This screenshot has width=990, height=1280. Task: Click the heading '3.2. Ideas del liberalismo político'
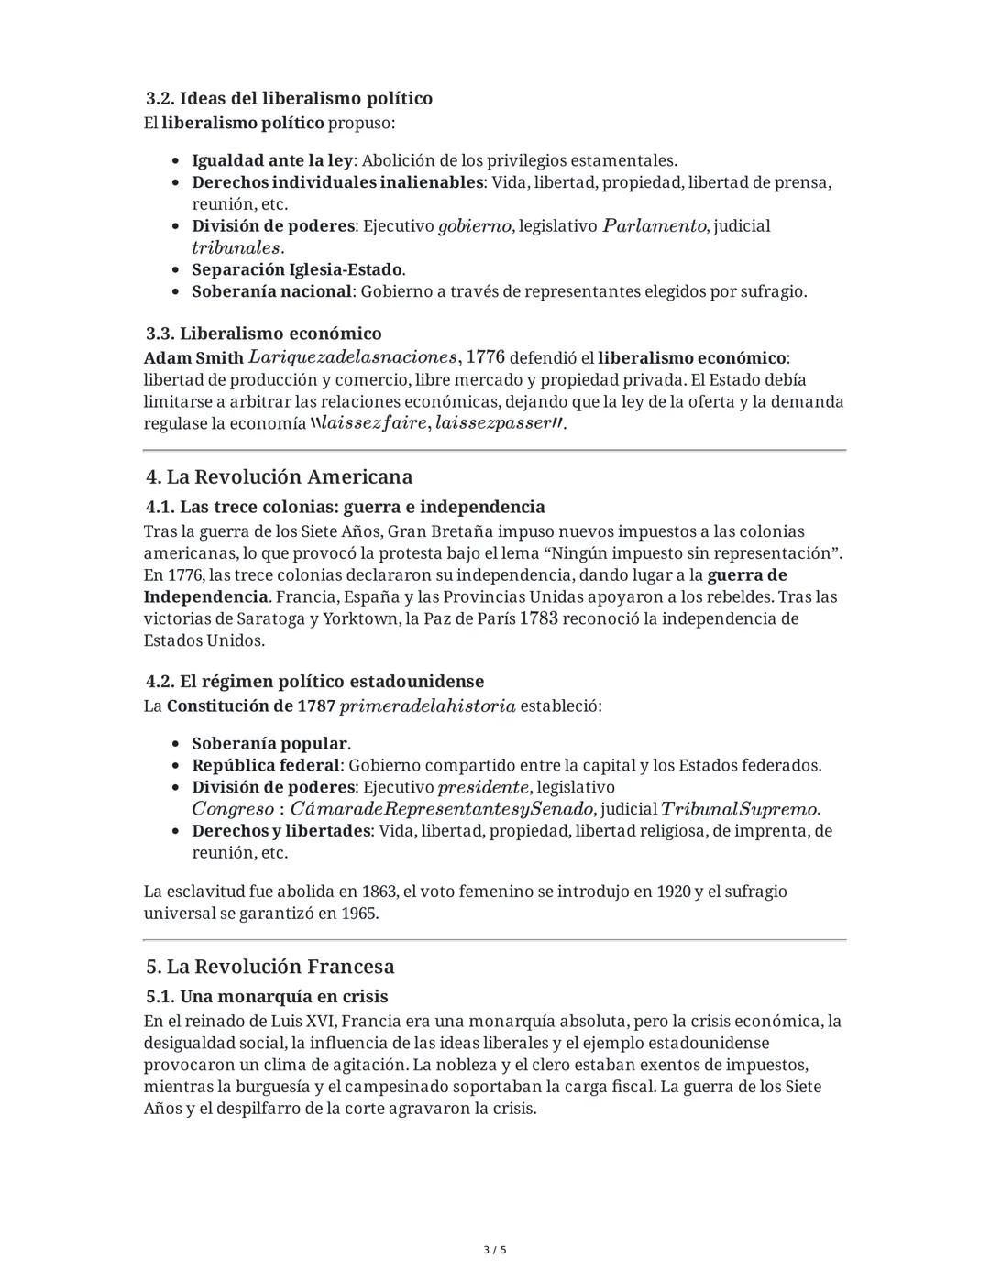click(289, 98)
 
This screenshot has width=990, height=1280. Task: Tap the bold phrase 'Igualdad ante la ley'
click(271, 160)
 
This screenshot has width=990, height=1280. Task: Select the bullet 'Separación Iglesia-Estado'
click(297, 269)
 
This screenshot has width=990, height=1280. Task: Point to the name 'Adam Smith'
click(193, 357)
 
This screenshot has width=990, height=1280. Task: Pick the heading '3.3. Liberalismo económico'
click(263, 334)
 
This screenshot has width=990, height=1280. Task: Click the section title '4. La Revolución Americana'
click(279, 476)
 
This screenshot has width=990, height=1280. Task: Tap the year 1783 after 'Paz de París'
click(538, 618)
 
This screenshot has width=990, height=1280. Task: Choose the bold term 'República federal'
click(266, 765)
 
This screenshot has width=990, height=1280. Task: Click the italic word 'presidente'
click(483, 787)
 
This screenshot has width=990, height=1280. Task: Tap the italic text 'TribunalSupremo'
click(739, 809)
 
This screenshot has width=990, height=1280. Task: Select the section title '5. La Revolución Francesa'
click(269, 967)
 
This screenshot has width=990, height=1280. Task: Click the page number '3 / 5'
click(495, 1250)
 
